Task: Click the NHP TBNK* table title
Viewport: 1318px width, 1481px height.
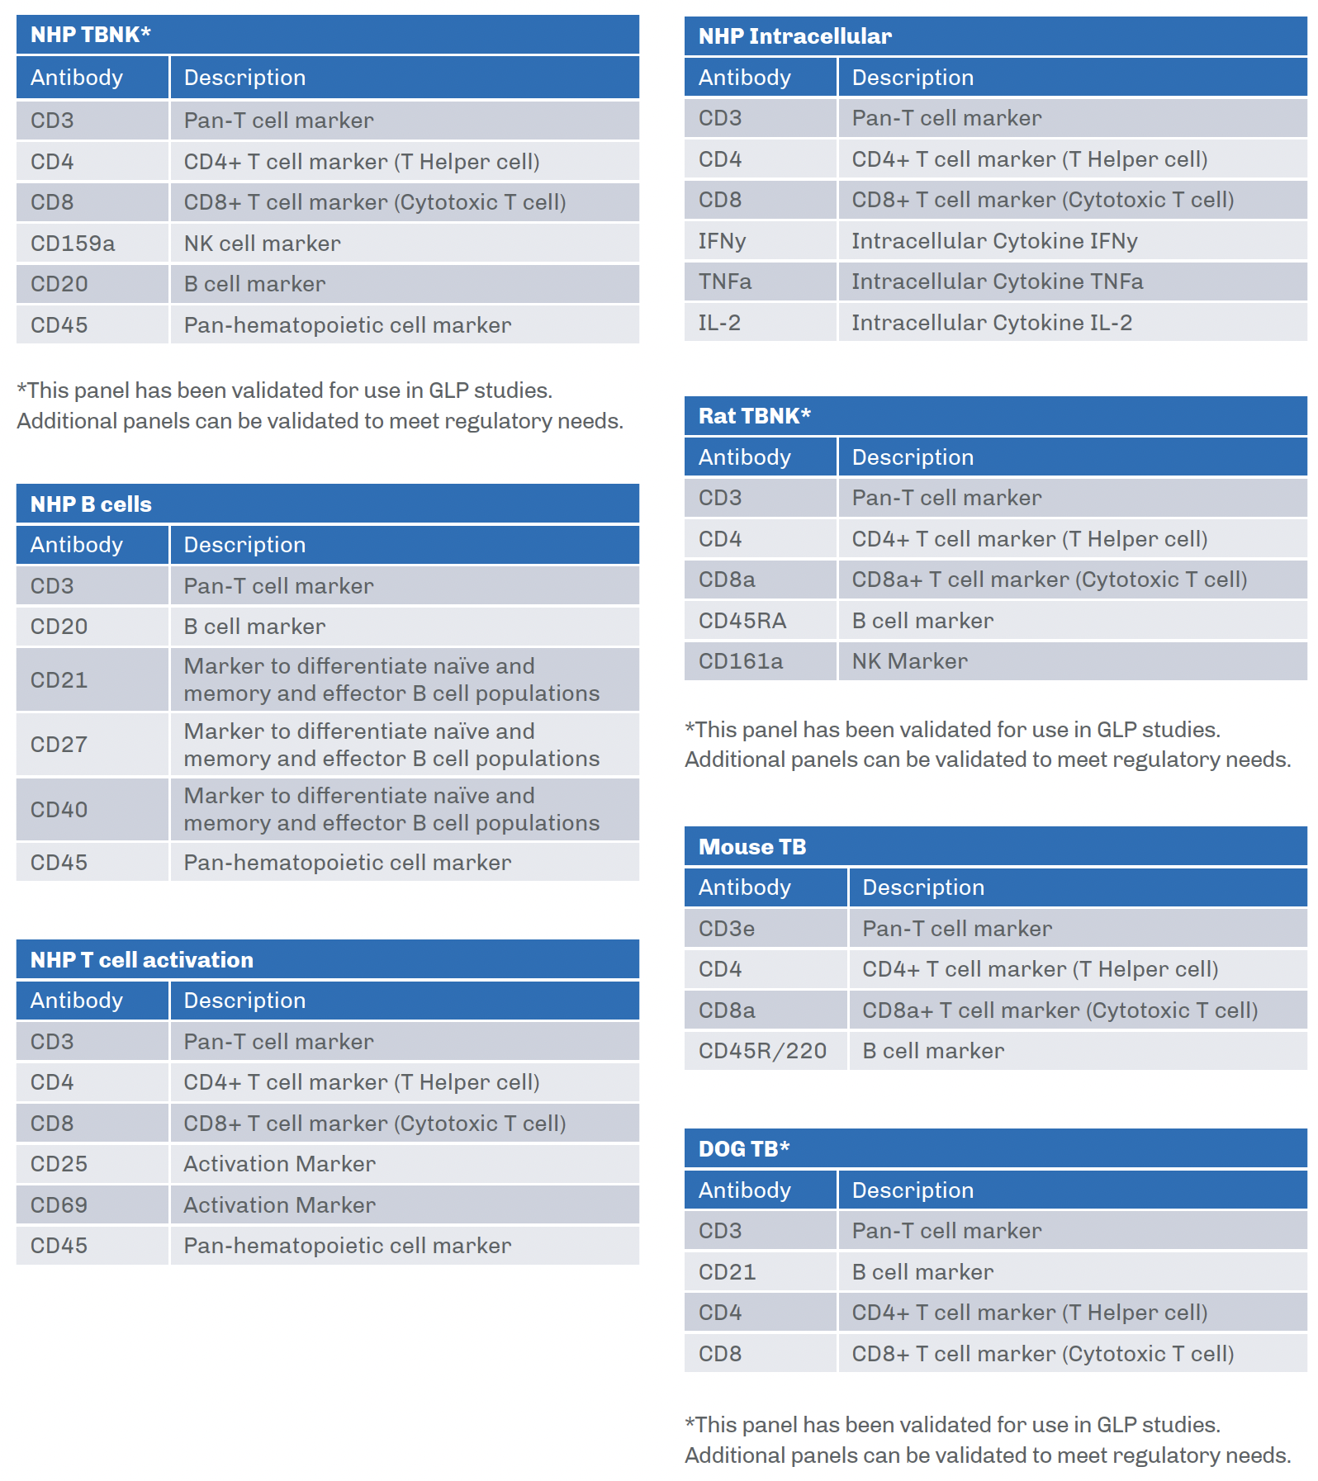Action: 91,35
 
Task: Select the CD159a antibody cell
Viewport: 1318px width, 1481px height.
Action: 73,244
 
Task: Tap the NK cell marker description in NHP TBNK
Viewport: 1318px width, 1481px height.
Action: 262,244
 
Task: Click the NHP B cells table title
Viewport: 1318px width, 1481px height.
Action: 91,504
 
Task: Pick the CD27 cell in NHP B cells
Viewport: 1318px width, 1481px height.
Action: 59,745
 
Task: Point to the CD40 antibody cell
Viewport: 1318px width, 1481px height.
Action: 59,810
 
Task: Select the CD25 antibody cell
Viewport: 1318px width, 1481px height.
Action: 59,1164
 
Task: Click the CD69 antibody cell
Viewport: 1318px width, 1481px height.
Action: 59,1205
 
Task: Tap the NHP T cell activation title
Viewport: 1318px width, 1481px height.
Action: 142,960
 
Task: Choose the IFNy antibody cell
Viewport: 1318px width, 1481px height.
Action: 722,241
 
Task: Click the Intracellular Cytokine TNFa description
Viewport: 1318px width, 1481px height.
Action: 997,282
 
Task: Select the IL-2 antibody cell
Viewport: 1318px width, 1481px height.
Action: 719,323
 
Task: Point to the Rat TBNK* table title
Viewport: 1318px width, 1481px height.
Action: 754,416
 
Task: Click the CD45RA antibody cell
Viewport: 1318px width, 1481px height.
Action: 742,621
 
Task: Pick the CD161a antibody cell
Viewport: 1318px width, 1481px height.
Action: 740,661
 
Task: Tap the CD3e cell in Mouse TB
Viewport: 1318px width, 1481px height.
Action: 726,929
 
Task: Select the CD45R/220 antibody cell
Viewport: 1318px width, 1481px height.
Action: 762,1051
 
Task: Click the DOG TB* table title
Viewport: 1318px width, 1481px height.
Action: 743,1149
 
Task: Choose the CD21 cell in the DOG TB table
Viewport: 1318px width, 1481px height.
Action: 727,1272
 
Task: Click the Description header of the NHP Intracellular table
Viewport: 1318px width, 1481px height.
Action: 913,78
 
